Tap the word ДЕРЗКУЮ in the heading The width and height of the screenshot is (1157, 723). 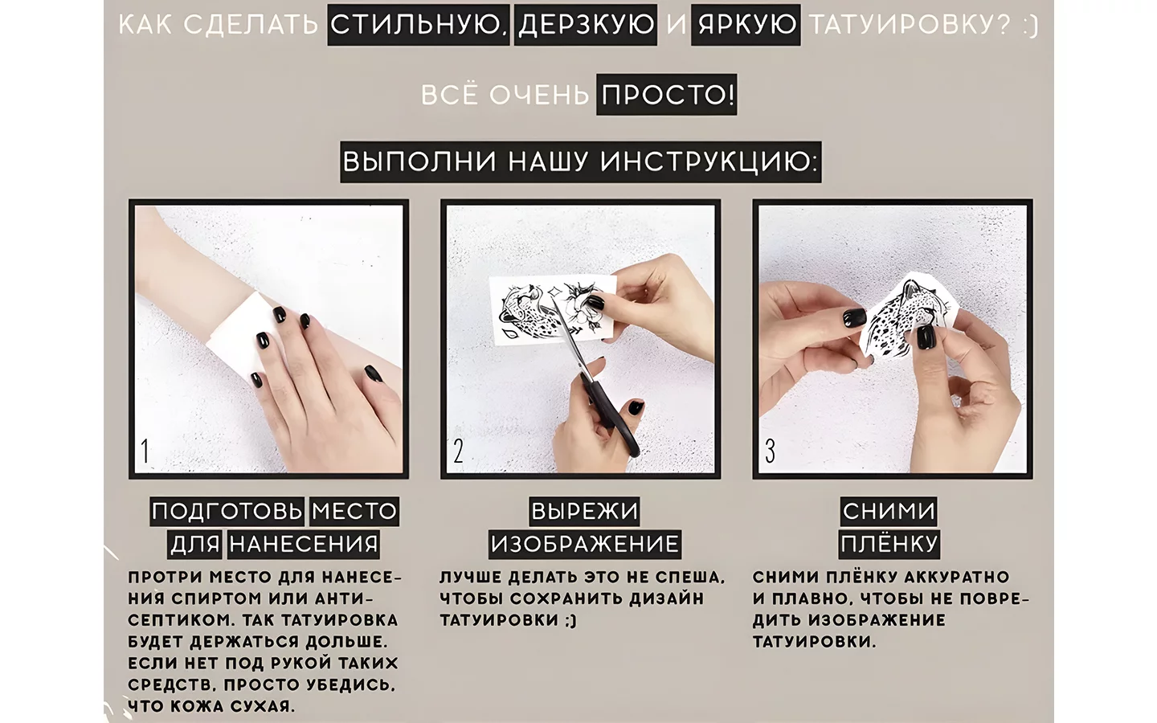(586, 24)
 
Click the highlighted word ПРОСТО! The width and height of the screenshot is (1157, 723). (667, 95)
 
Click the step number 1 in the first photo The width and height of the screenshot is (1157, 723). (145, 451)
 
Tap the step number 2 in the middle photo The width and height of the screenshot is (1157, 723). (458, 451)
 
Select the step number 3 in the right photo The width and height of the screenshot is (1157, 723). (770, 451)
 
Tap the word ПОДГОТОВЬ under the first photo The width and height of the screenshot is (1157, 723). (227, 511)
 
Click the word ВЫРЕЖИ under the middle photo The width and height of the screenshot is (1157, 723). (584, 511)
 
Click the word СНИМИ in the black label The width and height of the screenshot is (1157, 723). (889, 511)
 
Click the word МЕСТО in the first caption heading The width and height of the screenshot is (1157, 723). (354, 511)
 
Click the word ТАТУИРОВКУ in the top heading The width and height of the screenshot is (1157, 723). (909, 24)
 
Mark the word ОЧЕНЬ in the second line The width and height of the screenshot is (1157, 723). (538, 95)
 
